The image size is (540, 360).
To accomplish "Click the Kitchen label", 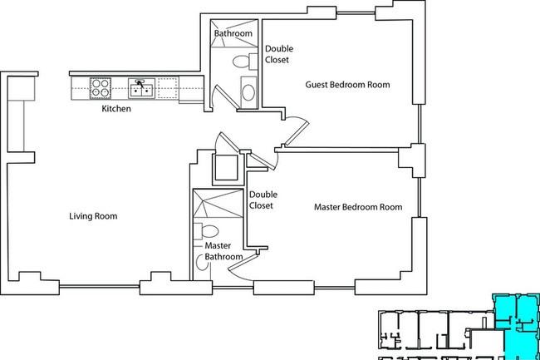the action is (x=116, y=109).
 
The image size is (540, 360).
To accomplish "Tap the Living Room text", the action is (x=93, y=216).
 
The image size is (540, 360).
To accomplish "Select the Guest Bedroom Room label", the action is (x=347, y=85).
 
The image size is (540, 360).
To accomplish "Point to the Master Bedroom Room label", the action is (x=358, y=207).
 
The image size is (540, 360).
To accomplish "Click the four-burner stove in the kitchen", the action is (x=101, y=88).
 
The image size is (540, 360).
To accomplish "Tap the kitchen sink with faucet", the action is (x=141, y=88).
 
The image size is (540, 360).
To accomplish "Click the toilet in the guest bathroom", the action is (x=245, y=62).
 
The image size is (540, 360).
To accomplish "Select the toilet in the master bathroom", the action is (x=206, y=231).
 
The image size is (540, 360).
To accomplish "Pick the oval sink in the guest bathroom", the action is (x=248, y=92).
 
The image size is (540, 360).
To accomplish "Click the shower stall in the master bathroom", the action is (x=218, y=203).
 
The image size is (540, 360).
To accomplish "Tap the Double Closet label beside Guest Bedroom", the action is (x=278, y=54).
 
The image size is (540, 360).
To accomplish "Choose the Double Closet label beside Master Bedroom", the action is (x=263, y=200).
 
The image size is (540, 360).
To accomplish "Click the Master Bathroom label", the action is (x=223, y=251).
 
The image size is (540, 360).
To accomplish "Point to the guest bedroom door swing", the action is (x=299, y=127).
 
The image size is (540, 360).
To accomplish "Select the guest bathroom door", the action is (x=223, y=96).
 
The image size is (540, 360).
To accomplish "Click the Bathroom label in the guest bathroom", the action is (x=233, y=33).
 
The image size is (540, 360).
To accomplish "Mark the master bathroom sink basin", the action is (x=202, y=263).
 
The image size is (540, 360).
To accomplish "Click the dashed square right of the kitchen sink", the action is (x=168, y=88).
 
